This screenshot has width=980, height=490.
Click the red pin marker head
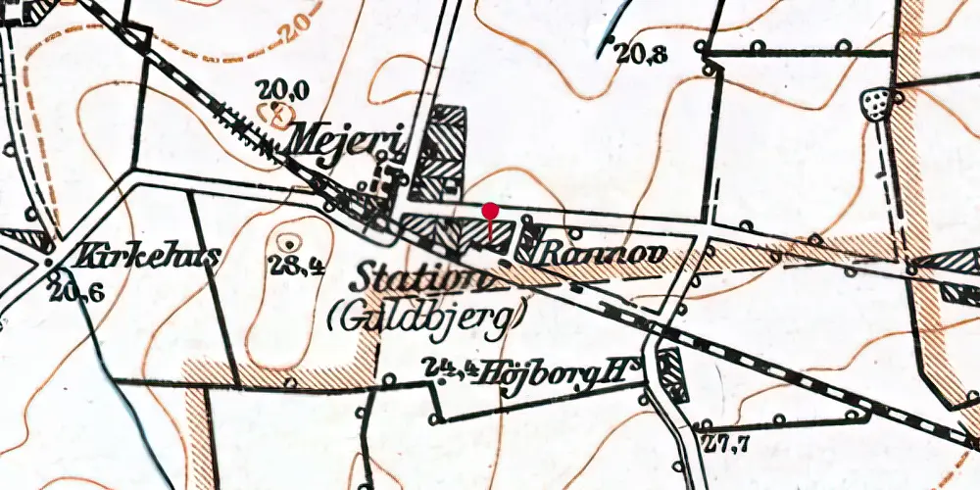(491, 209)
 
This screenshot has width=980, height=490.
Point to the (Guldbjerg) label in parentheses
(428, 314)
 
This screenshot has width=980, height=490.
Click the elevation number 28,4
(295, 263)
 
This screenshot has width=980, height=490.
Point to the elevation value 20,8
(642, 55)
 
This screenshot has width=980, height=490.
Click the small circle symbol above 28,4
(290, 241)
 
